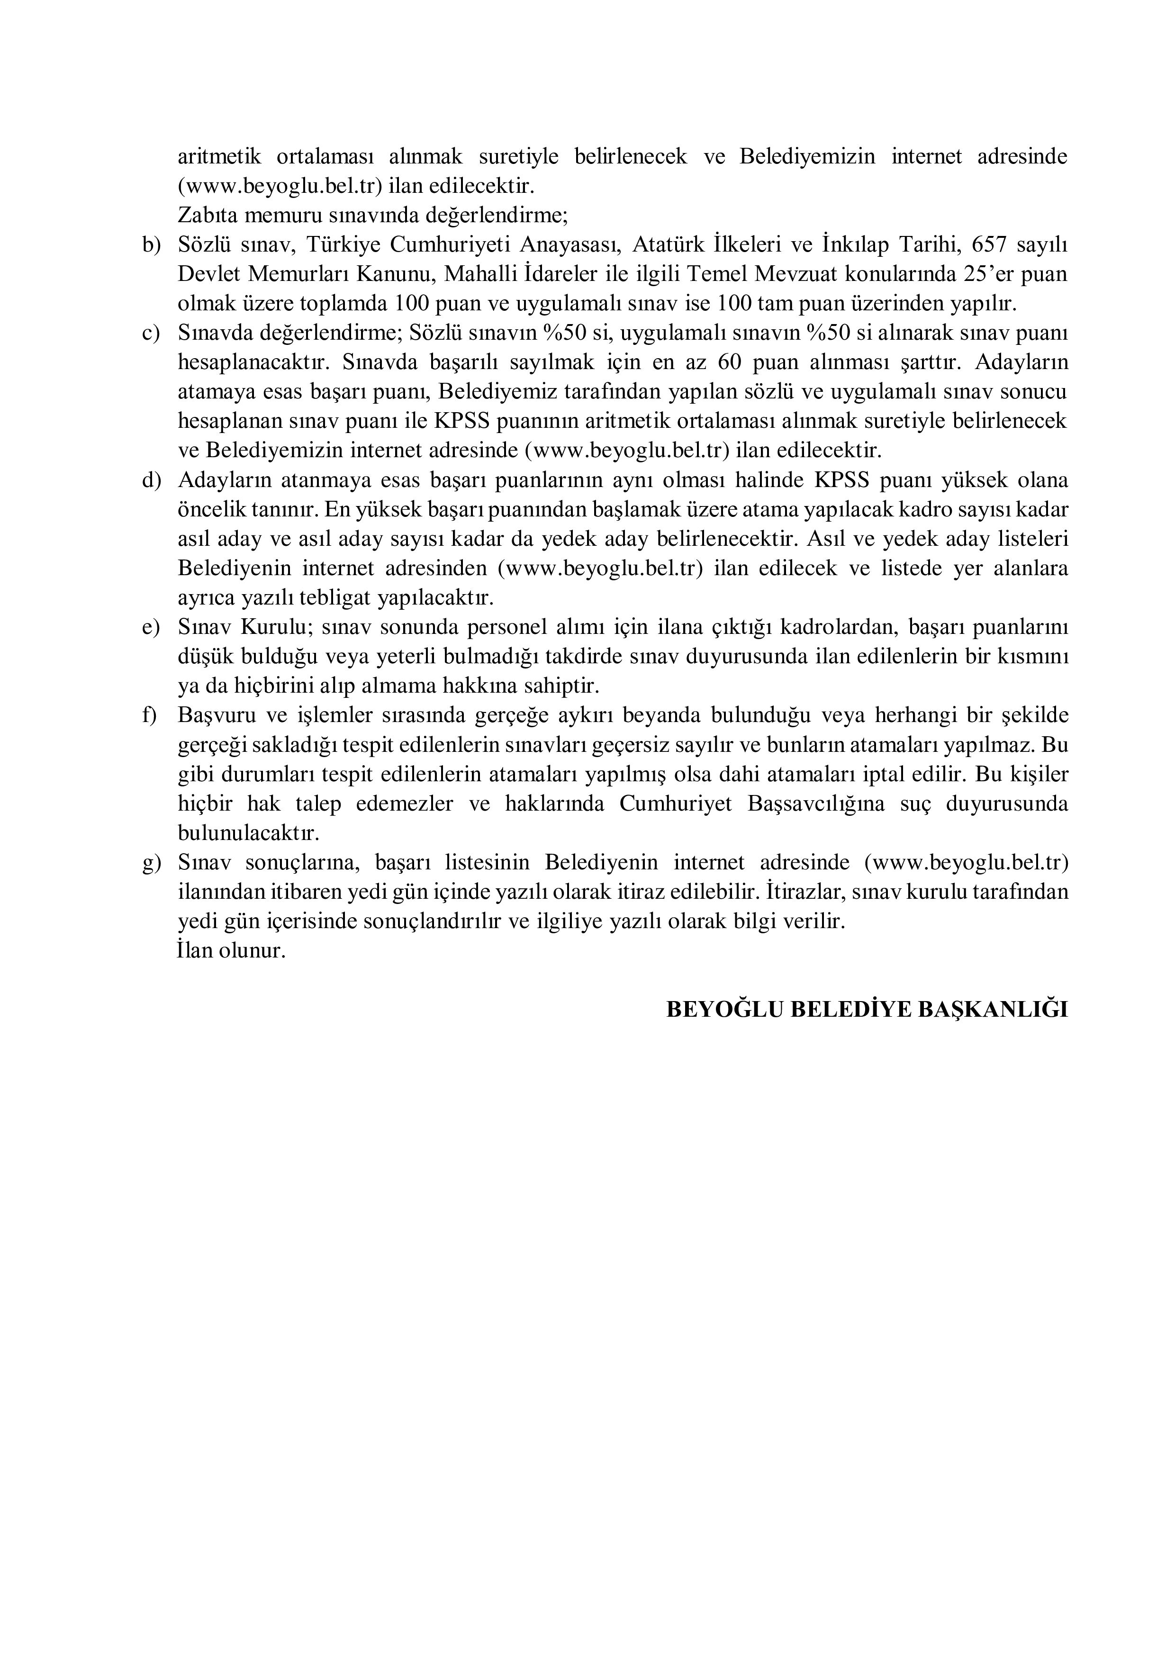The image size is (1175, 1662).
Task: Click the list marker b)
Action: (x=151, y=245)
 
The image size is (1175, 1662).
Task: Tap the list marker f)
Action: (x=150, y=716)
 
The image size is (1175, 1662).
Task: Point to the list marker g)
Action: (x=151, y=863)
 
